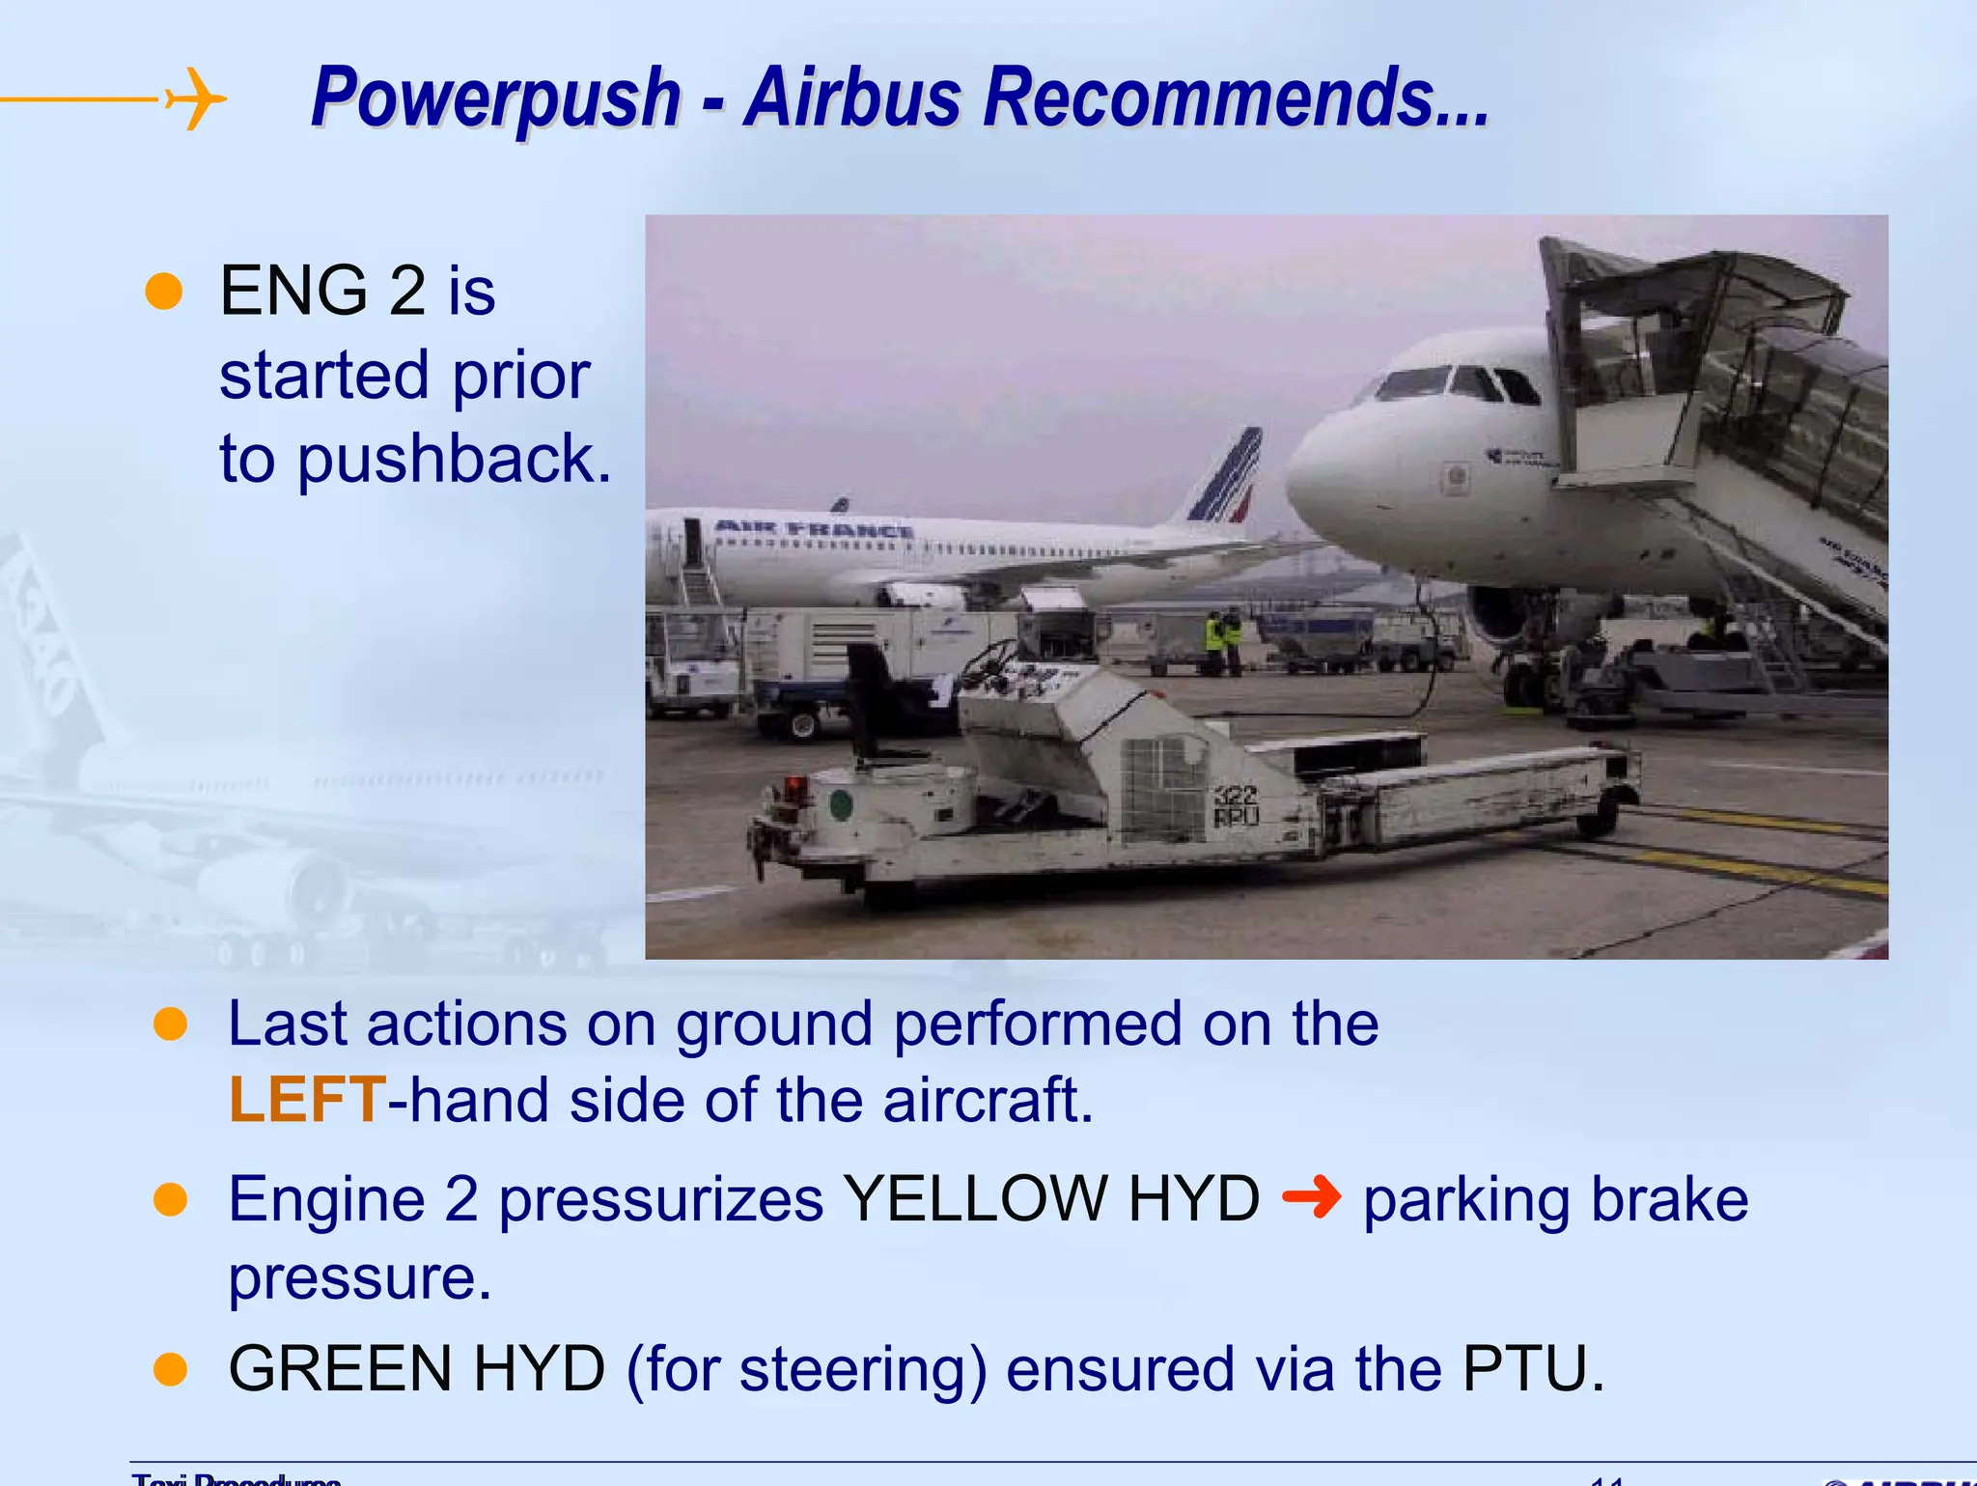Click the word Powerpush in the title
(496, 98)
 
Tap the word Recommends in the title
(1236, 98)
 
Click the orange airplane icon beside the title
(195, 98)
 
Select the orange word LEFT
(307, 1100)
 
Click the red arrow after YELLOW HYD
(1311, 1198)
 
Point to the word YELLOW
(975, 1199)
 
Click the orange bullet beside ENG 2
(164, 291)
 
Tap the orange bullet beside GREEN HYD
(171, 1369)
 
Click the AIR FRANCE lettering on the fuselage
(814, 530)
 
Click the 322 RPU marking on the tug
(1236, 805)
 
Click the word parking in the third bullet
(1465, 1200)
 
